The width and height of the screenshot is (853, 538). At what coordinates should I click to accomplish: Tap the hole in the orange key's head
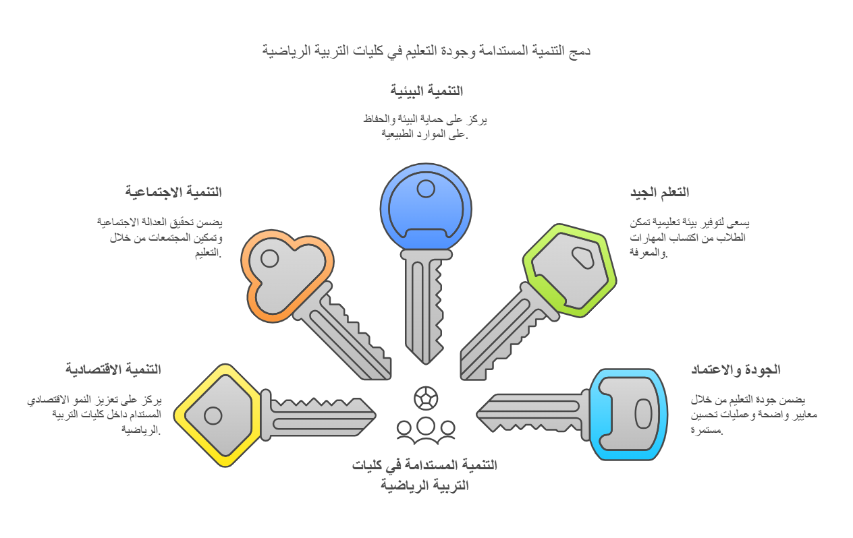[x=269, y=258]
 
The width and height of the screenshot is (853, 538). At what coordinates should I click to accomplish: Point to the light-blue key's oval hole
[x=643, y=413]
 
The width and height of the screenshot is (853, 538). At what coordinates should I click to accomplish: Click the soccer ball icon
[x=426, y=398]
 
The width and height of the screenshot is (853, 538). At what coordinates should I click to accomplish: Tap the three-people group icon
[x=426, y=430]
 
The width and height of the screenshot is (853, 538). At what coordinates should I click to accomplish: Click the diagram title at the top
[x=426, y=51]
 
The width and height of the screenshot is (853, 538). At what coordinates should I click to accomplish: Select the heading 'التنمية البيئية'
[x=426, y=91]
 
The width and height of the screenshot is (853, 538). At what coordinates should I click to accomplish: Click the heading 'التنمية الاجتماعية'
[x=173, y=192]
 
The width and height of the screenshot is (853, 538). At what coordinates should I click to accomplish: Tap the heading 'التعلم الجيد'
[x=659, y=193]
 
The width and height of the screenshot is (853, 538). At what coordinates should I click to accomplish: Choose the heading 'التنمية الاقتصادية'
[x=113, y=369]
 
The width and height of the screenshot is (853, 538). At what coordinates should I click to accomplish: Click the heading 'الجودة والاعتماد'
[x=735, y=370]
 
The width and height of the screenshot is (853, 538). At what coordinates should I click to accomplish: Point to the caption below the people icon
[x=424, y=475]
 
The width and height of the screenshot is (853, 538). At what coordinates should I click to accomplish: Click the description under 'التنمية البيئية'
[x=425, y=126]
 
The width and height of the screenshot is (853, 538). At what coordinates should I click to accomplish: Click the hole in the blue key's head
[x=426, y=189]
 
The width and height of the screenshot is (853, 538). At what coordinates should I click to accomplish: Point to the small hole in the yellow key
[x=213, y=415]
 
